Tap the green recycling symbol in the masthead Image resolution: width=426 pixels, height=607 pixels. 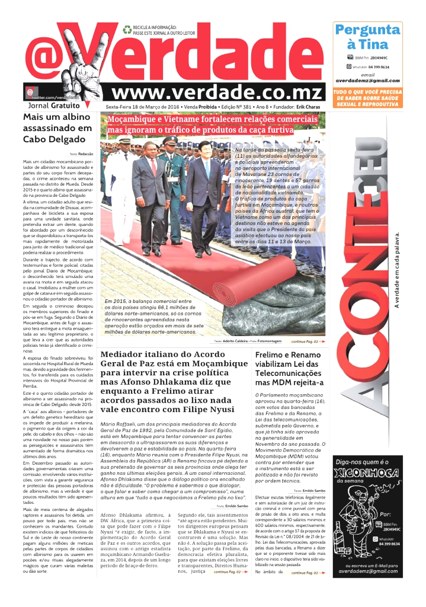(x=127, y=29)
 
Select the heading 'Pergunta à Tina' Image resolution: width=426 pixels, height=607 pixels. (x=367, y=37)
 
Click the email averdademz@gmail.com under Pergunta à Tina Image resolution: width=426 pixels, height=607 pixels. (x=367, y=81)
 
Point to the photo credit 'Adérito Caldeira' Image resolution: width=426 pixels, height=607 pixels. (x=239, y=342)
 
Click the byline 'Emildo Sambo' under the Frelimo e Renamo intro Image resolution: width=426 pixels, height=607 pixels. (x=313, y=491)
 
